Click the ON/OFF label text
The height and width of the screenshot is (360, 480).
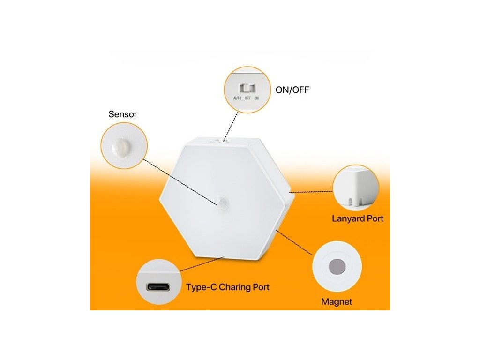(x=292, y=90)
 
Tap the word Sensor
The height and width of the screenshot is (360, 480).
(x=123, y=114)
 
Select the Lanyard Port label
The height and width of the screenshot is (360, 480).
(x=358, y=218)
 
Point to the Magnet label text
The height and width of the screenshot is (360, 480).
(x=337, y=302)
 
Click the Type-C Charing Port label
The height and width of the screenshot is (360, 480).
(x=228, y=287)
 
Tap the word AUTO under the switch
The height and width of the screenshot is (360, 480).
(x=237, y=98)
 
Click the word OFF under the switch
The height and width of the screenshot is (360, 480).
(x=247, y=98)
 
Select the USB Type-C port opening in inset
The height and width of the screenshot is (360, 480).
(x=158, y=286)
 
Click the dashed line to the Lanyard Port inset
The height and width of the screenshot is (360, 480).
(x=312, y=191)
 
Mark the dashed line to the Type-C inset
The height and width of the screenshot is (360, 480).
(x=202, y=264)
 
